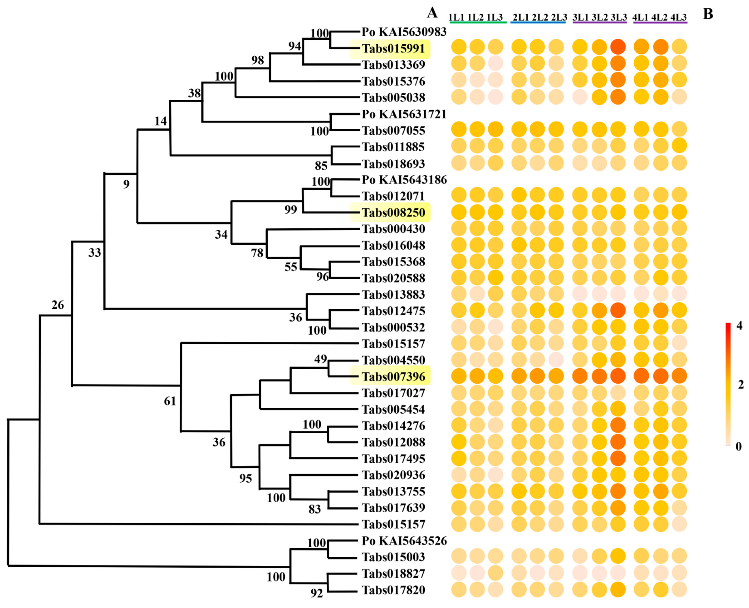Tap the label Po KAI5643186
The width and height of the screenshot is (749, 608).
pos(404,180)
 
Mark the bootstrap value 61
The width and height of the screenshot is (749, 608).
pos(170,401)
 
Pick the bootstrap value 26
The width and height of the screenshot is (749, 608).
pos(58,305)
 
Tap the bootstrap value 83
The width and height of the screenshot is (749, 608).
pos(315,509)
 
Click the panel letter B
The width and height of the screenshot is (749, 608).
pos(708,14)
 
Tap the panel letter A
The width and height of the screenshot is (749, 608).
pos(432,13)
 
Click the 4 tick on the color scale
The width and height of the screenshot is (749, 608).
pos(739,326)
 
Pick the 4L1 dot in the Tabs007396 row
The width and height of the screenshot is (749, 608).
pos(641,376)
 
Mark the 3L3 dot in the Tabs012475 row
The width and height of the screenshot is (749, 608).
pos(618,310)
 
